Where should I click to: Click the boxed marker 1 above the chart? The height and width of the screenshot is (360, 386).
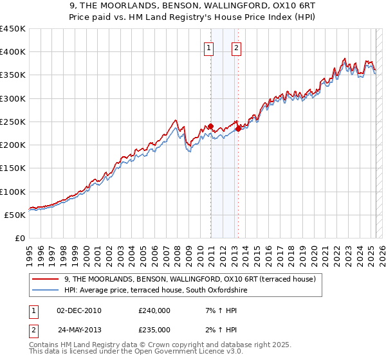coord(209,47)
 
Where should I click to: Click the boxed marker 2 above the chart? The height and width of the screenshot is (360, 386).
coord(236,47)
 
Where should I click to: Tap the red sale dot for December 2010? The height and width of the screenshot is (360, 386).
coord(210,127)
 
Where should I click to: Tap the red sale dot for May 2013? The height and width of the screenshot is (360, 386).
coord(238,129)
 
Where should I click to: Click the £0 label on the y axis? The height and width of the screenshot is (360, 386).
coord(20,238)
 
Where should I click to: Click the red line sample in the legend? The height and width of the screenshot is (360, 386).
coord(44,280)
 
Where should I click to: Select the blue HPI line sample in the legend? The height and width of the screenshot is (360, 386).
coord(44,291)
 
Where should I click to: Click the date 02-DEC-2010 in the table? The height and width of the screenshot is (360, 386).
coord(79,310)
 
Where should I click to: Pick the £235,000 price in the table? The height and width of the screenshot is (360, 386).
coord(154,330)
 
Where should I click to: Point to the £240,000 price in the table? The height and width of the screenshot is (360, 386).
coord(154,310)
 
